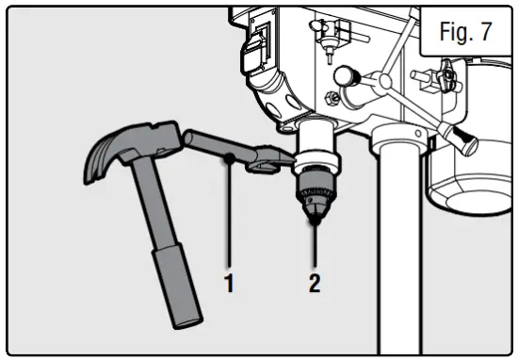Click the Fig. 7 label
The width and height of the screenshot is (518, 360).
coord(465,32)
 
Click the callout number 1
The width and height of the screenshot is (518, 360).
coord(228,281)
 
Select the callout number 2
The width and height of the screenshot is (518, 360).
coord(315,281)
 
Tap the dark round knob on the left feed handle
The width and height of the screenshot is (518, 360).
coord(345,74)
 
